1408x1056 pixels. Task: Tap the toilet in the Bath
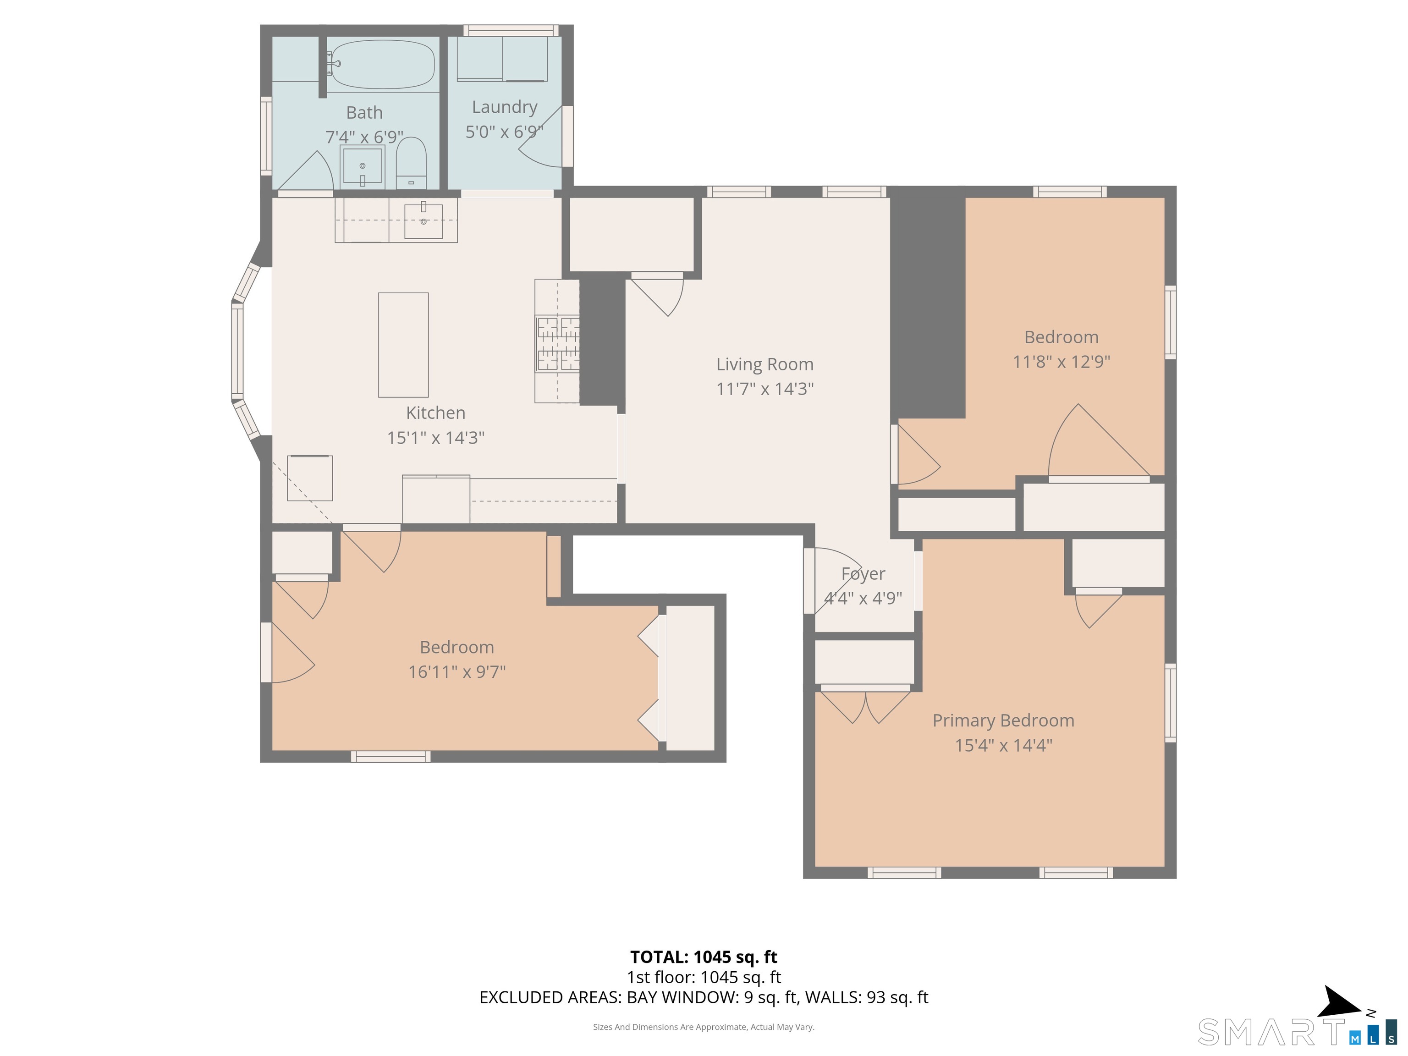click(411, 164)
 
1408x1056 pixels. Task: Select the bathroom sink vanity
click(362, 167)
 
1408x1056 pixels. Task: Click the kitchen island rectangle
click(403, 344)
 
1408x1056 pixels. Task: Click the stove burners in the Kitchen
click(558, 344)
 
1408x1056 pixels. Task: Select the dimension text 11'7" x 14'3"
click(764, 389)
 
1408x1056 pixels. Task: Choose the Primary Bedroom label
click(1003, 720)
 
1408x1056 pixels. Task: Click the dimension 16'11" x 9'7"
click(456, 671)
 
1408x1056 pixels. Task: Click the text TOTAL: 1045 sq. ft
click(704, 957)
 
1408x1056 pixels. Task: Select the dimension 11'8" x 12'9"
click(1061, 362)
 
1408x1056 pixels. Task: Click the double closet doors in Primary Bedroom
click(865, 706)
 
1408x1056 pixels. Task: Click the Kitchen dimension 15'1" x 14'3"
click(435, 438)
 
